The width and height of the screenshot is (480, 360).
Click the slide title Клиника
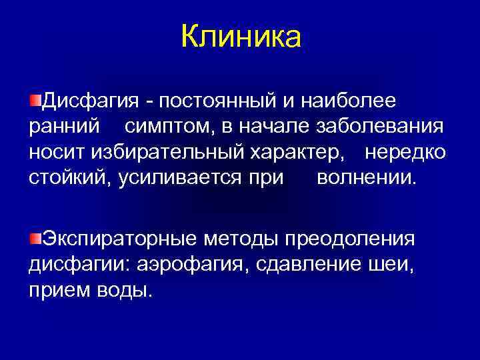241,37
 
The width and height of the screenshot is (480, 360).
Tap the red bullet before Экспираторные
35,238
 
